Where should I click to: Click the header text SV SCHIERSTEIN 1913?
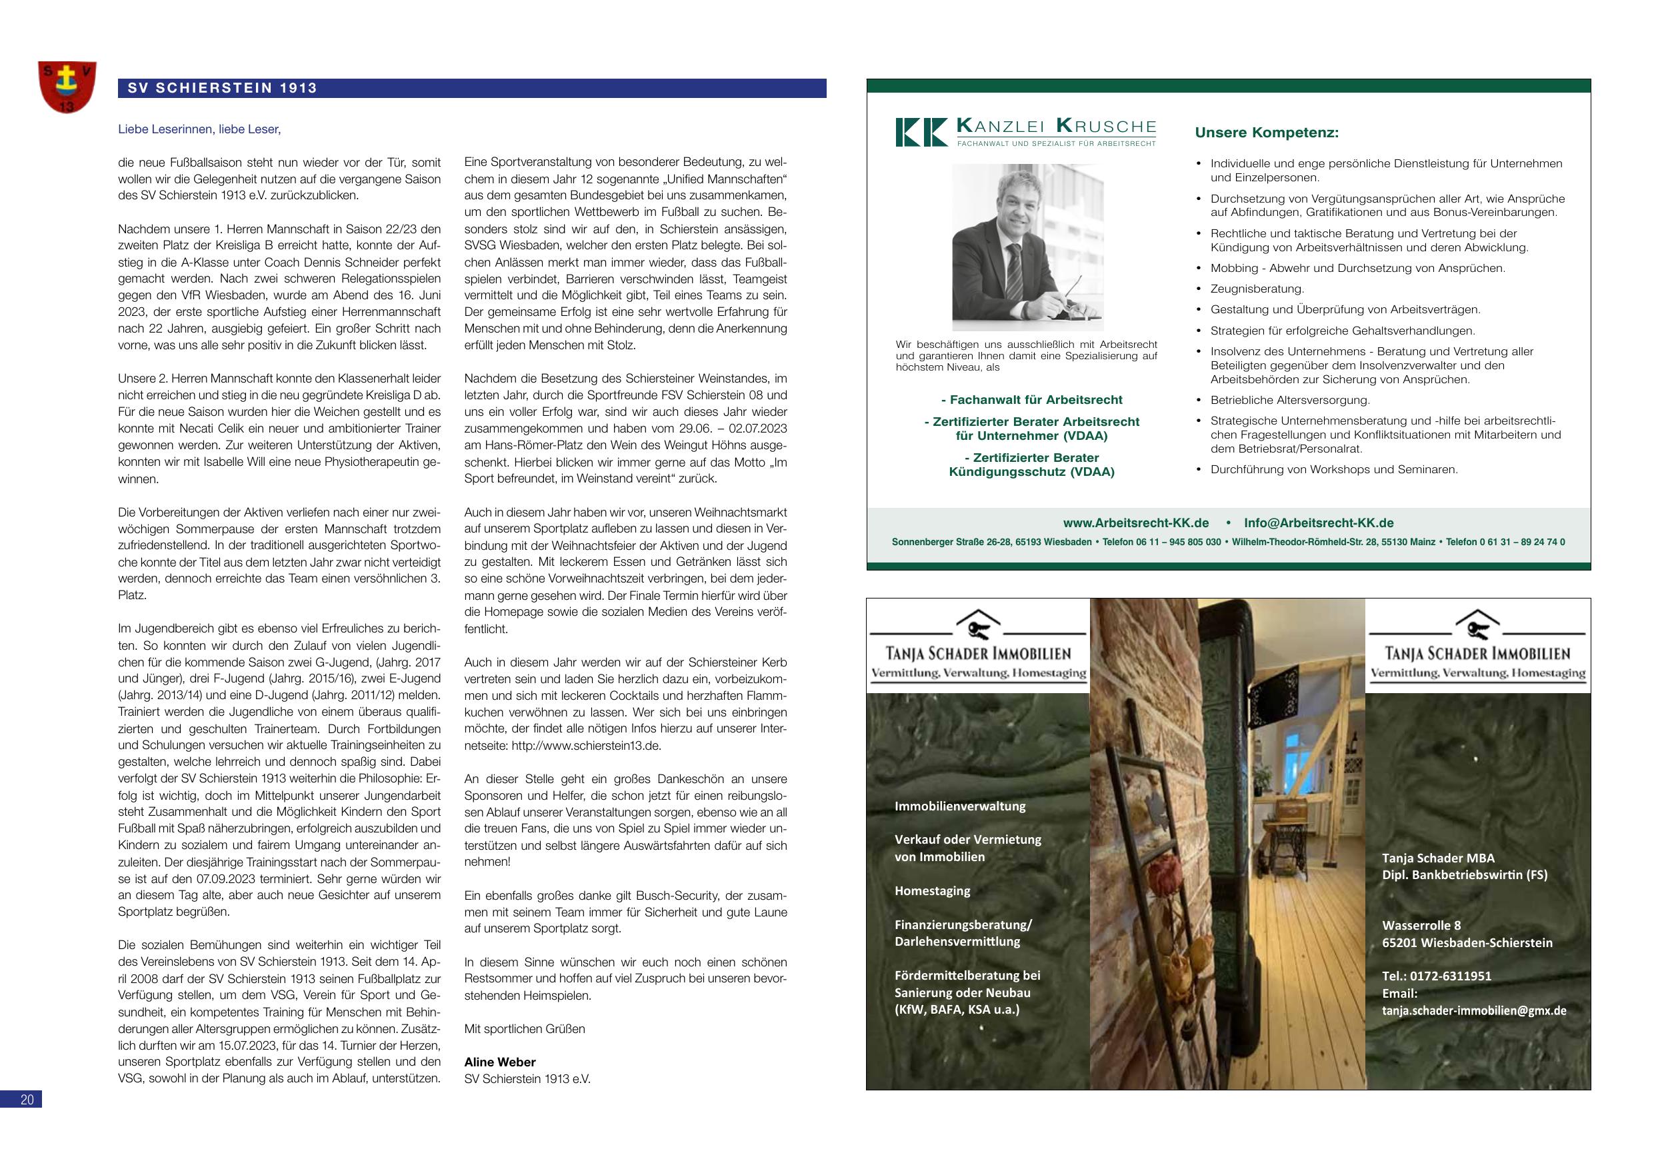tap(222, 89)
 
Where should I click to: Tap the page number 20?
tap(27, 1099)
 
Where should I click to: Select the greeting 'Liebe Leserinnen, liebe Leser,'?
tap(199, 130)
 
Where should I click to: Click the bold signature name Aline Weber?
tap(499, 1062)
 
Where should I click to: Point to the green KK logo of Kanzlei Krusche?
tap(921, 133)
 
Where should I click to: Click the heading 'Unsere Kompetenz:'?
tap(1267, 133)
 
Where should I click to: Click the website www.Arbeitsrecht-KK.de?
tap(1135, 523)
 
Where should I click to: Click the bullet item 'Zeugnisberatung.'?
tap(1257, 289)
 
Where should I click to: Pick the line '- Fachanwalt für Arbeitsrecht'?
tap(1031, 400)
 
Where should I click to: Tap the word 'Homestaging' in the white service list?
tap(932, 891)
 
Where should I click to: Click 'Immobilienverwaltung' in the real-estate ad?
tap(959, 806)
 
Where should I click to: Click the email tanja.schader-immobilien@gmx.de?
tap(1474, 1010)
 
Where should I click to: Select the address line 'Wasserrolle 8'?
tap(1421, 926)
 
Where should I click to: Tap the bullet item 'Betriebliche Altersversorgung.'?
tap(1289, 400)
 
